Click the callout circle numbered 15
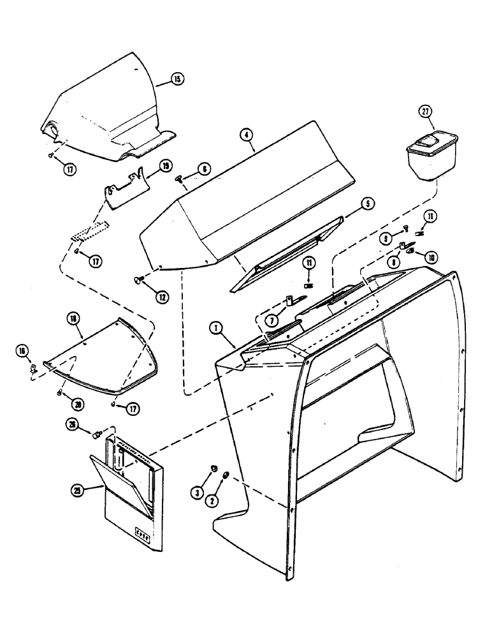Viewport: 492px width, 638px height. [x=177, y=79]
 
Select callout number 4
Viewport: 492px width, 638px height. [x=247, y=135]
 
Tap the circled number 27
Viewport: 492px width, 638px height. [x=425, y=112]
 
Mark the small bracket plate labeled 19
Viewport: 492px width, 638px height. [x=126, y=191]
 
